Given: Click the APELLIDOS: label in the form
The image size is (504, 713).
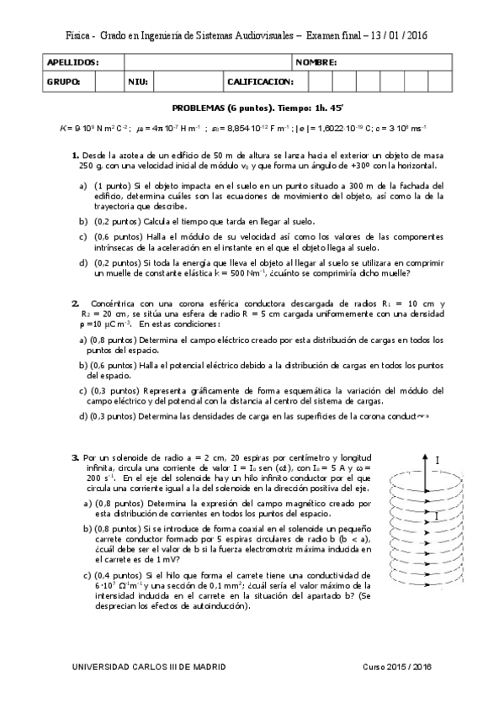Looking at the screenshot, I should (x=73, y=63).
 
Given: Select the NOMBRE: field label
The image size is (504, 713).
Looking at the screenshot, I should (x=316, y=63).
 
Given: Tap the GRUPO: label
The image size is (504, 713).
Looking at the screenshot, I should (x=64, y=82).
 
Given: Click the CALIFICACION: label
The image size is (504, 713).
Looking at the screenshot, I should (x=260, y=82).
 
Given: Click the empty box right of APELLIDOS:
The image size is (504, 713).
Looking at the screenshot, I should (x=207, y=63).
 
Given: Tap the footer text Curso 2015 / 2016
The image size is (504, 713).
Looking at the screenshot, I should (x=397, y=667).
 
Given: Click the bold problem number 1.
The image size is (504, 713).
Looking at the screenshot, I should (x=76, y=156).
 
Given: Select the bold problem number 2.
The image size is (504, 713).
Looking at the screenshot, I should (x=75, y=303).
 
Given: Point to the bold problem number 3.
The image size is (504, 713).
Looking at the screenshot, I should (x=75, y=457).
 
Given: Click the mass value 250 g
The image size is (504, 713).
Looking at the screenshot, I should (x=83, y=166).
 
